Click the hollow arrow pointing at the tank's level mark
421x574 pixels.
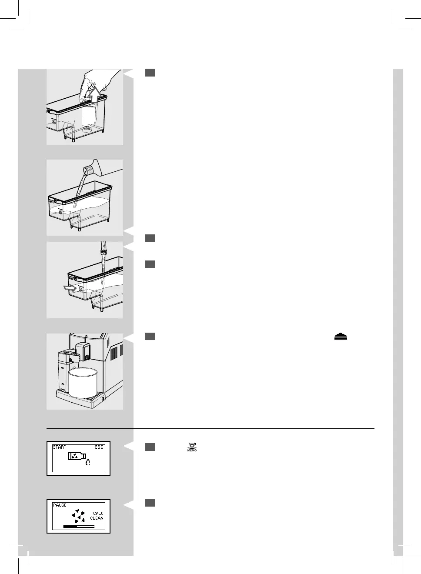pyautogui.click(x=69, y=287)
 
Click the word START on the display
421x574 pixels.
pyautogui.click(x=60, y=447)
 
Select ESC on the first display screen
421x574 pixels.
pyautogui.click(x=99, y=447)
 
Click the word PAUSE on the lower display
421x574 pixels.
pyautogui.click(x=60, y=505)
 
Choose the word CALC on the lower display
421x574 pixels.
pyautogui.click(x=98, y=514)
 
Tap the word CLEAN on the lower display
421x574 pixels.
pyautogui.click(x=97, y=518)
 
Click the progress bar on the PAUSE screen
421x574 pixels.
pyautogui.click(x=79, y=526)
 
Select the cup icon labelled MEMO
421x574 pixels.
pyautogui.click(x=192, y=447)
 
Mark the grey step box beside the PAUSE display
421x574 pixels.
pyautogui.click(x=150, y=503)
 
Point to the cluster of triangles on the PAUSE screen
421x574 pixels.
pyautogui.click(x=78, y=516)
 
